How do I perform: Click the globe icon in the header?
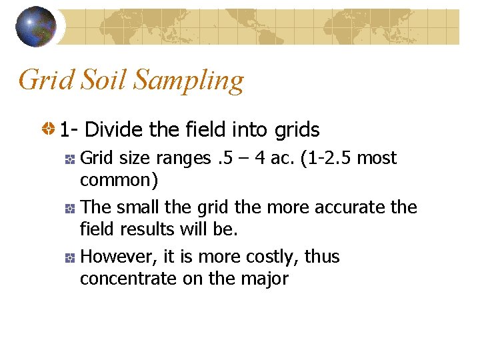coord(35,26)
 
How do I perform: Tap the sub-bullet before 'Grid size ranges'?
coord(69,159)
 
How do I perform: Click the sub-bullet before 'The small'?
coord(69,209)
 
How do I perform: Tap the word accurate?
coord(337,208)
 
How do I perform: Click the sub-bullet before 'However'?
coord(69,258)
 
